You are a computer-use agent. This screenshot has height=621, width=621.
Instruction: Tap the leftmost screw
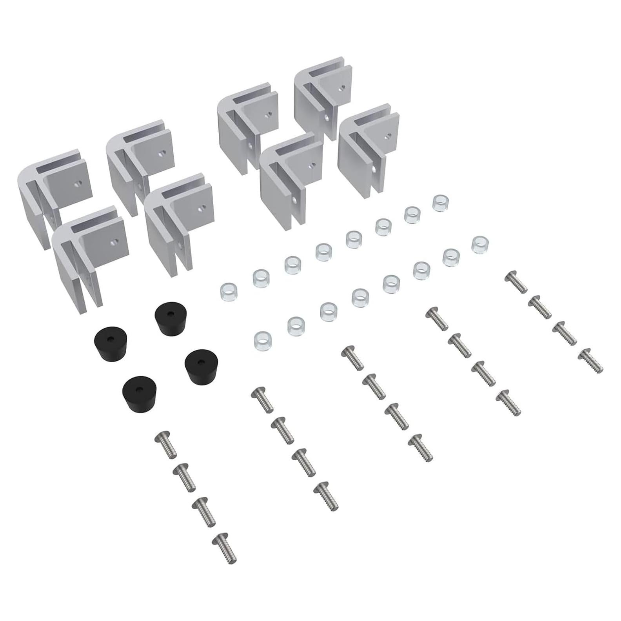pos(166,445)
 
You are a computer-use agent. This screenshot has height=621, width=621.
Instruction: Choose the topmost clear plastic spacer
pos(440,204)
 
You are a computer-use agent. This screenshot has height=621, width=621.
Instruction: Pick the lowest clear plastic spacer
pos(263,339)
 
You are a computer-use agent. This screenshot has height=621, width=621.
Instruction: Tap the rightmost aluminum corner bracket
pos(368,151)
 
